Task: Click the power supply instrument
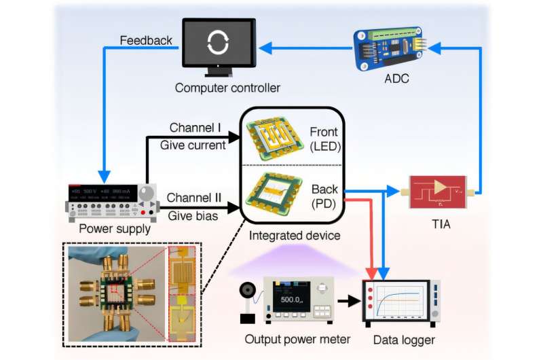tap(109, 202)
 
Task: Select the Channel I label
tap(195, 127)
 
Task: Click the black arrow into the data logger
tap(349, 299)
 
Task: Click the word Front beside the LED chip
tap(324, 132)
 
